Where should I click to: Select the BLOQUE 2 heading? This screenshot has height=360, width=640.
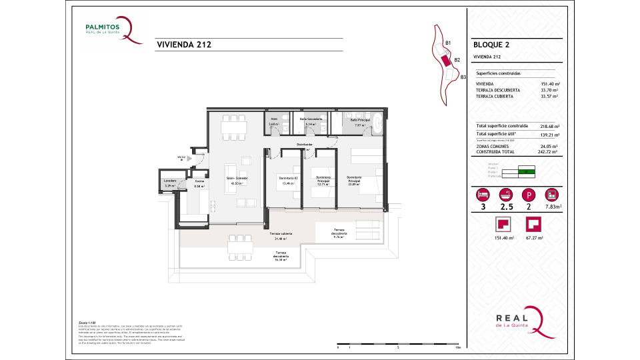tap(491, 45)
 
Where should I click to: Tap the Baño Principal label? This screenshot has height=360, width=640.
tap(359, 121)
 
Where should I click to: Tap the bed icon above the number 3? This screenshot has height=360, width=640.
tap(482, 195)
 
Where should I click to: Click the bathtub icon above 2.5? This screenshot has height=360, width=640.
tap(505, 195)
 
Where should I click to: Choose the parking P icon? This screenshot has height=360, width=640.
tap(528, 195)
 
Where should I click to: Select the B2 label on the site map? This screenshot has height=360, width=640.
tap(457, 60)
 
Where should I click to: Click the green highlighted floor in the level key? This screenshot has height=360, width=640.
tap(527, 172)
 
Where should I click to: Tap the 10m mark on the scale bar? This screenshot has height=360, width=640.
tap(457, 348)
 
